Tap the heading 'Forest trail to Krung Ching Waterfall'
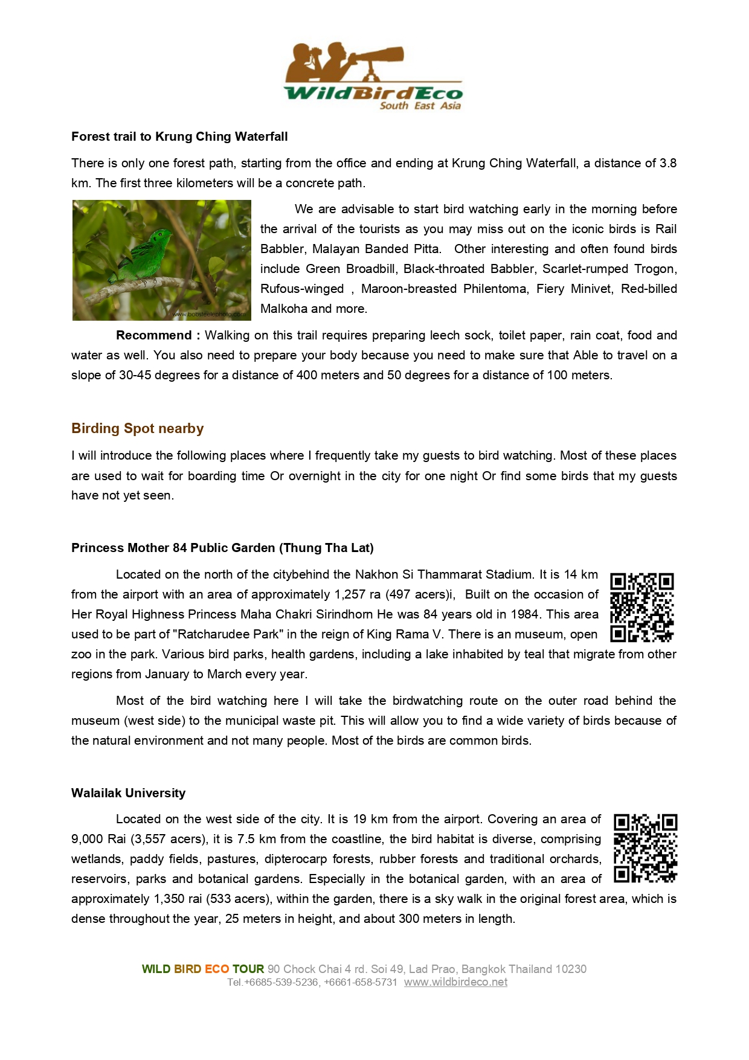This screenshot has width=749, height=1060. (179, 137)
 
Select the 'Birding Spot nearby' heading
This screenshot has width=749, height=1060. (138, 428)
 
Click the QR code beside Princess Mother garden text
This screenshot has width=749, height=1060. (641, 607)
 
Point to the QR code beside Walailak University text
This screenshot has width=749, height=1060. (645, 849)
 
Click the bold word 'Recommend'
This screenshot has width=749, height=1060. (153, 335)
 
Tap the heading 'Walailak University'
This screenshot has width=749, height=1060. (128, 793)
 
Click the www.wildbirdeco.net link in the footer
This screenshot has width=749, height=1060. (455, 982)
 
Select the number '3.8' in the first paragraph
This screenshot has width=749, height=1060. (667, 163)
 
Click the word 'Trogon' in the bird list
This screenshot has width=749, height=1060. (655, 269)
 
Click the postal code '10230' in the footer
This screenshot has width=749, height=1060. (571, 969)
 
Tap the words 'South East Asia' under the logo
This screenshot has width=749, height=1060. (420, 106)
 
